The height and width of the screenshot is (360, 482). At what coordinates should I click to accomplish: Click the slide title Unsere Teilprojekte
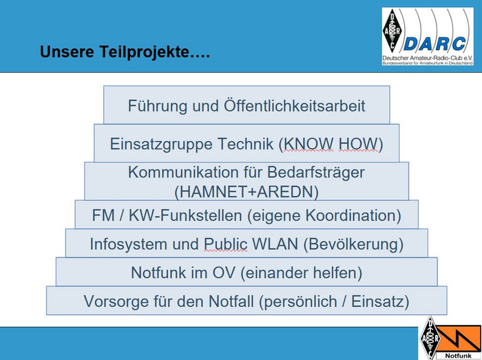click(x=125, y=52)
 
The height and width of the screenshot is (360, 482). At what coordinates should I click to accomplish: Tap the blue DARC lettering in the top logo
click(x=434, y=44)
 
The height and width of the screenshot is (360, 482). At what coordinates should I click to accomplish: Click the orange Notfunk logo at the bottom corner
click(x=450, y=338)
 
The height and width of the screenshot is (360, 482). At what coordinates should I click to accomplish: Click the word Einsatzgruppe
click(x=161, y=145)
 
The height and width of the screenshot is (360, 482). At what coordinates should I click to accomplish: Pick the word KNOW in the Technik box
click(x=308, y=144)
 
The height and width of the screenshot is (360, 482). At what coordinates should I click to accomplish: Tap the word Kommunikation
click(x=183, y=172)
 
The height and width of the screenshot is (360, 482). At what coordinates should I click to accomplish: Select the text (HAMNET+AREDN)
click(x=247, y=192)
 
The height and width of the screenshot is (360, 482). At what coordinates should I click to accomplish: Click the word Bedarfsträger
click(x=316, y=172)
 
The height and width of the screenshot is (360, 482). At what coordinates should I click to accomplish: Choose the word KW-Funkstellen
click(x=185, y=215)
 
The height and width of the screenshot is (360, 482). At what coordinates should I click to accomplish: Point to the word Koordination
click(x=353, y=215)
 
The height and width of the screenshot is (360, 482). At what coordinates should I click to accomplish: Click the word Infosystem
click(x=129, y=244)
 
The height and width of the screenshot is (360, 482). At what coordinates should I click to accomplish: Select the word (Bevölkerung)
click(x=353, y=244)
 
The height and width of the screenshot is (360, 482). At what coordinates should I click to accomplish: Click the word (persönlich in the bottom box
click(x=298, y=301)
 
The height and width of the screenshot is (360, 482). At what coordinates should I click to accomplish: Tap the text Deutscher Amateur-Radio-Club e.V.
click(x=428, y=58)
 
